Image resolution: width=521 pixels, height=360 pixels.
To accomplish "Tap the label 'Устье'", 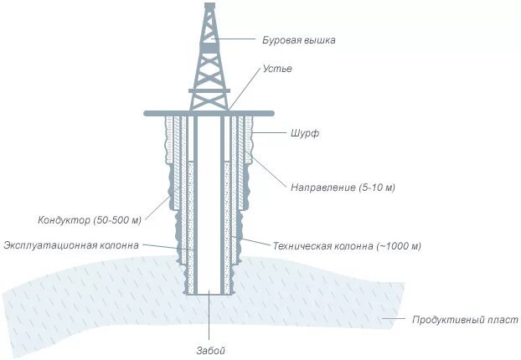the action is tap(278, 69).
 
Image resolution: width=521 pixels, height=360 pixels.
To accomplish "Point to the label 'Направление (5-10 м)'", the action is tap(343, 187).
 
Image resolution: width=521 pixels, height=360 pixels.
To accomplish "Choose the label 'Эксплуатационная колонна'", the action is tap(71, 245).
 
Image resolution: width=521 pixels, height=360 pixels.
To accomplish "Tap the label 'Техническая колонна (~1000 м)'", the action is tap(346, 246).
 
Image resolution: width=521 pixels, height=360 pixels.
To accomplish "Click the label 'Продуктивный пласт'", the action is tap(464, 320).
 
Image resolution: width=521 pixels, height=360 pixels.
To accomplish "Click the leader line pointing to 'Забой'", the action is tap(209, 318).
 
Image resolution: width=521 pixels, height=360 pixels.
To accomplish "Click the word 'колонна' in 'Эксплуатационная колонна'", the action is tap(119, 245).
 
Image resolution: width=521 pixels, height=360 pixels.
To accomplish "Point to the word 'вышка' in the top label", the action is tap(320, 39).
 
